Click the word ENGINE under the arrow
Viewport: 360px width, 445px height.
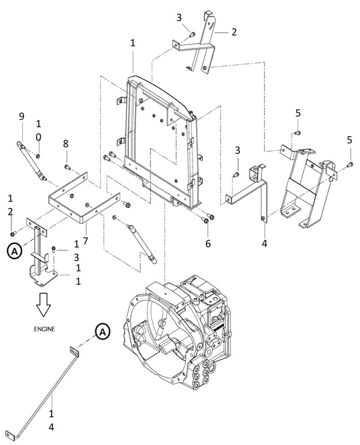point(44,329)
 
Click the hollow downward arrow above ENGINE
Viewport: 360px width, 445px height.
point(44,305)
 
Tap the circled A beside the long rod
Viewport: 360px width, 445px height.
point(103,332)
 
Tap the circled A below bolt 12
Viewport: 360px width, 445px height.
point(14,251)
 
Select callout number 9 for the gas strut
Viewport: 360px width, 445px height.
point(22,116)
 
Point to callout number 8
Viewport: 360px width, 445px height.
point(65,144)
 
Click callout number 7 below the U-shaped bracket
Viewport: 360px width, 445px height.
point(85,240)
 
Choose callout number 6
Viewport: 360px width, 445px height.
point(208,243)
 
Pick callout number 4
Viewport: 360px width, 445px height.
point(265,243)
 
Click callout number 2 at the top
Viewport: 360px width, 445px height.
point(234,32)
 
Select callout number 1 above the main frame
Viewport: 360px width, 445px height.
point(133,43)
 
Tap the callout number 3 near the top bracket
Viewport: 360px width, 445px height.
point(179,17)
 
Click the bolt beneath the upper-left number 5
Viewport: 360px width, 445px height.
point(298,133)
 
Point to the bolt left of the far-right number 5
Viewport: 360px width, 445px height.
point(350,164)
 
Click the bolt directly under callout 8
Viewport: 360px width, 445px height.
point(67,167)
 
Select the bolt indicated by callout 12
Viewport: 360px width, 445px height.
point(13,233)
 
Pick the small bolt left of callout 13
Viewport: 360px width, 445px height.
point(53,249)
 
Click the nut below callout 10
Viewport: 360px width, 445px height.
point(38,156)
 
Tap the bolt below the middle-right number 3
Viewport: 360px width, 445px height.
point(236,175)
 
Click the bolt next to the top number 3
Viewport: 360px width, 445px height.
point(192,34)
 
